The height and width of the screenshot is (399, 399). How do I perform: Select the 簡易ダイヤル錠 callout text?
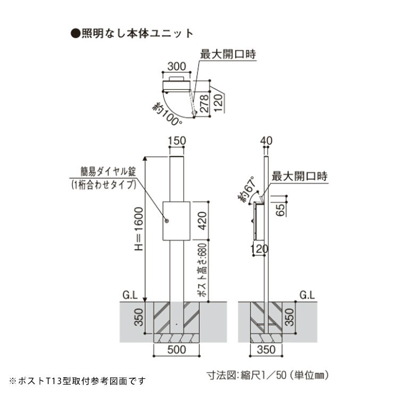(104, 172)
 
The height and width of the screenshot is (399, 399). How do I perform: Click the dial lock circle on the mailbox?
(167, 221)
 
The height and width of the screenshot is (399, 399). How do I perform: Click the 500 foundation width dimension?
(178, 350)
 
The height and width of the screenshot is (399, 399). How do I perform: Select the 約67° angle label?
(248, 191)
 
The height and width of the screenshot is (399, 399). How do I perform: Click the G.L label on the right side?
(306, 294)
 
